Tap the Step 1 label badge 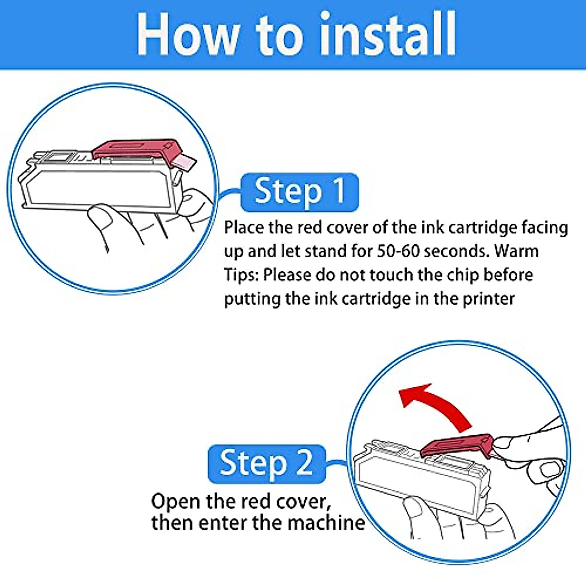(299, 192)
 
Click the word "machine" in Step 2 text (326, 523)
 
